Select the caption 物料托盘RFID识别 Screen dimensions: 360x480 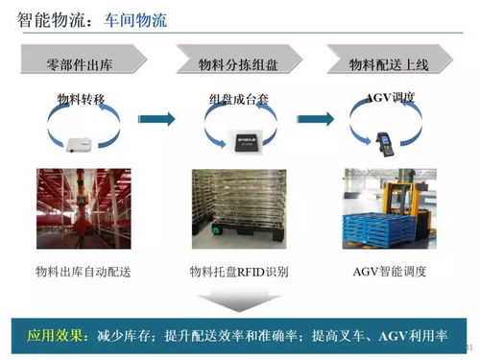pos(239,272)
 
